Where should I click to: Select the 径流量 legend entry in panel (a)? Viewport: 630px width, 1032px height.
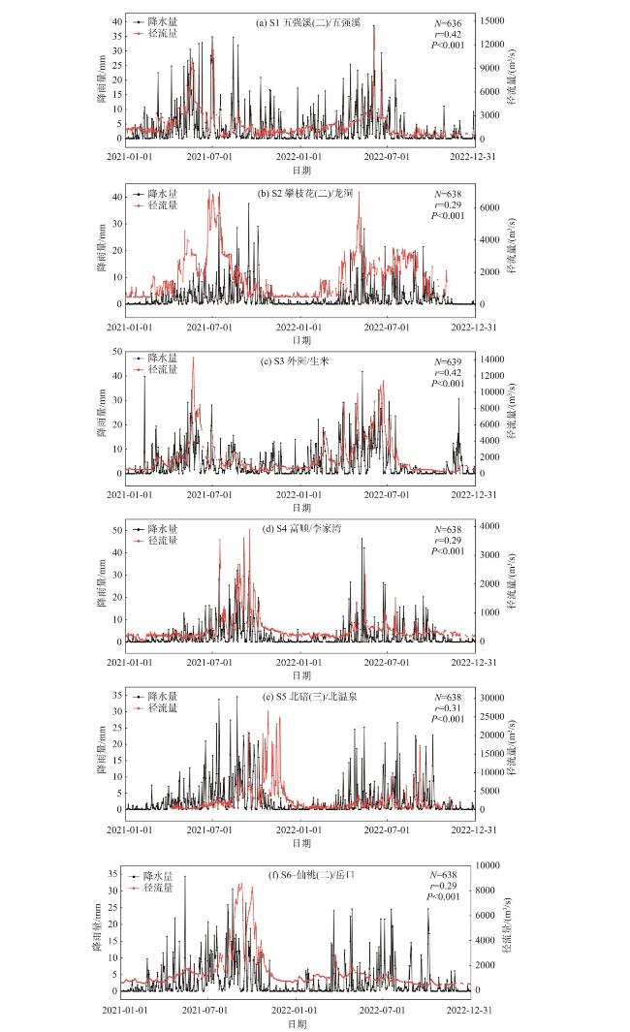pos(161,34)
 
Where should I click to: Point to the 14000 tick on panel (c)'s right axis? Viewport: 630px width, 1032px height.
pos(497,360)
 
